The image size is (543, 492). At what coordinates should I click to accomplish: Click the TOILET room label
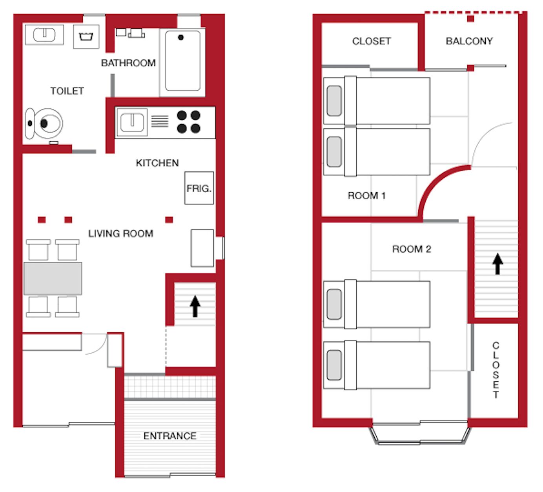click(x=67, y=91)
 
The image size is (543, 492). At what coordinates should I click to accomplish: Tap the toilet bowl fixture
click(x=44, y=124)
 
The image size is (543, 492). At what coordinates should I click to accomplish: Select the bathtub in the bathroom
click(x=182, y=61)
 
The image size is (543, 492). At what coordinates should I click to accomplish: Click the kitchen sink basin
click(x=132, y=122)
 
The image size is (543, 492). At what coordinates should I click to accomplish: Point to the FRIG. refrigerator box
click(x=199, y=188)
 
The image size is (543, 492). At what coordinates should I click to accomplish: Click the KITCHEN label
click(x=157, y=163)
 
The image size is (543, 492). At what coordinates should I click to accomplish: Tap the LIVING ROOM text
click(x=121, y=234)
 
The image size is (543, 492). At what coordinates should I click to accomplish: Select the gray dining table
click(x=53, y=278)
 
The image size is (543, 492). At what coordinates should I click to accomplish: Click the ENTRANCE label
click(x=170, y=436)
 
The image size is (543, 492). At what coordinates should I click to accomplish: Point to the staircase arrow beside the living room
click(x=195, y=306)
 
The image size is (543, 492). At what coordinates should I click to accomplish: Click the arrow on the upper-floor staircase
click(x=497, y=264)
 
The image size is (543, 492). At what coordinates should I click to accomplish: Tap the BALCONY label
click(x=469, y=41)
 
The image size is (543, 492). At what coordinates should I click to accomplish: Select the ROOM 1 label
click(x=366, y=195)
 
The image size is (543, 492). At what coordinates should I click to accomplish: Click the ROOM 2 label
click(x=412, y=249)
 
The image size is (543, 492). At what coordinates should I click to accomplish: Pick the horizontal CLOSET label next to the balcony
click(x=372, y=41)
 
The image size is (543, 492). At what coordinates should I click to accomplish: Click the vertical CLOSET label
click(x=496, y=370)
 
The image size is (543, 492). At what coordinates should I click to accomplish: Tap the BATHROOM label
click(x=128, y=63)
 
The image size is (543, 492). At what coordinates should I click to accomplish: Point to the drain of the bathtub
click(x=181, y=37)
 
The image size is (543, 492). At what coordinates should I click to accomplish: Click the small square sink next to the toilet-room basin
click(x=86, y=37)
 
